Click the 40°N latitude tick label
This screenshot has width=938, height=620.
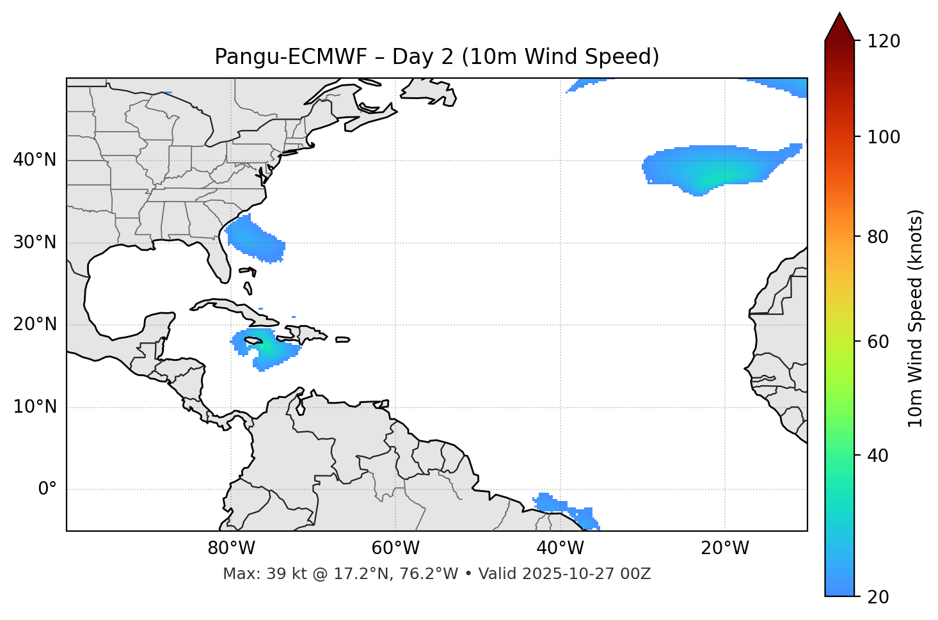tap(35, 160)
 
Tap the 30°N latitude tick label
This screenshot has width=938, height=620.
tap(35, 242)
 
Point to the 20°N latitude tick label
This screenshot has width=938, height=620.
tap(35, 324)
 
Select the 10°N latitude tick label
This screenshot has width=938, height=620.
tap(35, 407)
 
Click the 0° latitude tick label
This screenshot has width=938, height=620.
tap(47, 489)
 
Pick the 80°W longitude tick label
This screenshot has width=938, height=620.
tap(231, 548)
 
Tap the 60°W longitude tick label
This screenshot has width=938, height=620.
tap(395, 548)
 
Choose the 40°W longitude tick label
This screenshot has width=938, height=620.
tap(560, 548)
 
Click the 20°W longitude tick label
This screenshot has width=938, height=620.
tap(724, 548)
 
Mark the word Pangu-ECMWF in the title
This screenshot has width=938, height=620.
tap(290, 57)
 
